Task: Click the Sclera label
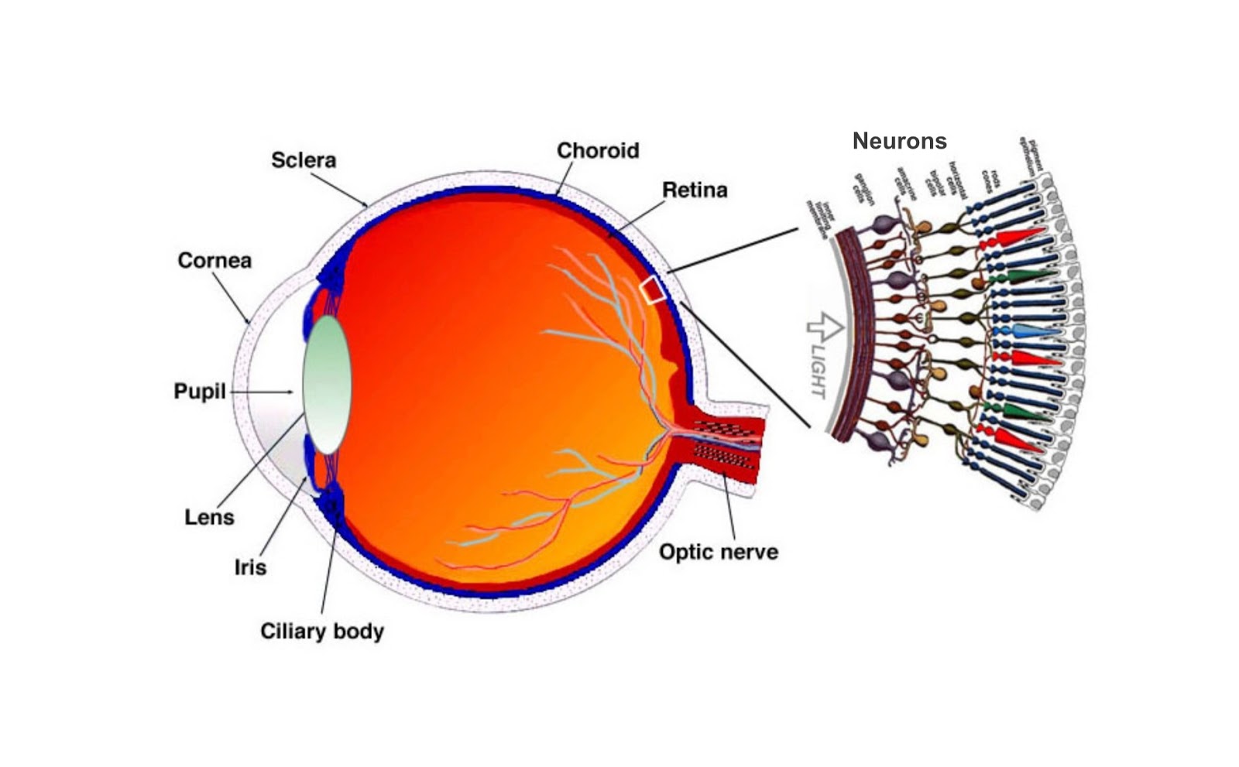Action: click(303, 160)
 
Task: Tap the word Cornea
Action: click(215, 260)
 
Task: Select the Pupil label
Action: click(199, 392)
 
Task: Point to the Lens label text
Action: click(209, 517)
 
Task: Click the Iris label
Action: click(250, 567)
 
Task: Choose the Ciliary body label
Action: click(321, 631)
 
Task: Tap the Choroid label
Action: click(598, 150)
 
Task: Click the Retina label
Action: click(695, 190)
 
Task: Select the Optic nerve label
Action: click(718, 552)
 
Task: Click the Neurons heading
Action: click(899, 141)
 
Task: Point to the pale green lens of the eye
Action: click(327, 385)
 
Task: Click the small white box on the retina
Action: click(652, 289)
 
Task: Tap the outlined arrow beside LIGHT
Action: click(824, 327)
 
